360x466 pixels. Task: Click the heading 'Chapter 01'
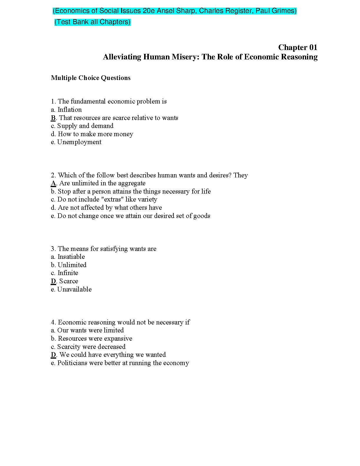tap(298, 47)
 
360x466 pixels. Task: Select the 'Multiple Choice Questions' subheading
tap(91, 78)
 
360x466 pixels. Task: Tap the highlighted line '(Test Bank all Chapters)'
tap(92, 22)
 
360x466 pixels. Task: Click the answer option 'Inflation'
tap(69, 110)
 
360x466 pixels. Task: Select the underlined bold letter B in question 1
tap(53, 118)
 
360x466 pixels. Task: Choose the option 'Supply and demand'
tap(85, 126)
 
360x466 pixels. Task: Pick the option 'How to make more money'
tap(95, 134)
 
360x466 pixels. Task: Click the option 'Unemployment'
tap(79, 142)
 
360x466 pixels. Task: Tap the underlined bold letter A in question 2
tap(53, 183)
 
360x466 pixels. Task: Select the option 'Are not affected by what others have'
tap(110, 208)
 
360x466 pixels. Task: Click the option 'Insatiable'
tap(71, 257)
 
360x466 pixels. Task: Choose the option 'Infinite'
tap(68, 273)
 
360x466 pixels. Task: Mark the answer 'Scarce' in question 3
tap(69, 281)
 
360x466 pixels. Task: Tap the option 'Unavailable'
tap(74, 289)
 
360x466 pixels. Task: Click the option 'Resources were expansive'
tap(95, 339)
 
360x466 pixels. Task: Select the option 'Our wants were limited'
tap(90, 330)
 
